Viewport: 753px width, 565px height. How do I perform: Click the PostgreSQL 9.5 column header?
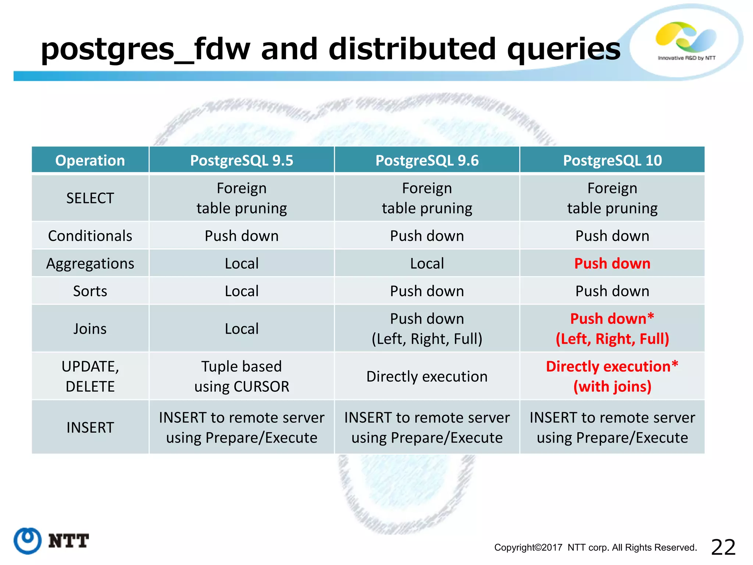(x=242, y=160)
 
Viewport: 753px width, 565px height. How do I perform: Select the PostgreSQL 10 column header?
(x=612, y=160)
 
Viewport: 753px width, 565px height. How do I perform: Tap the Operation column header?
(x=90, y=160)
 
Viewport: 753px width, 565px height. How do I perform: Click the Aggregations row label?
(x=90, y=263)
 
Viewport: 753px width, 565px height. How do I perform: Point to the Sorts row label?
(x=90, y=291)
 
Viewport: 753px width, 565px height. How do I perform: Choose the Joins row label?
(x=90, y=328)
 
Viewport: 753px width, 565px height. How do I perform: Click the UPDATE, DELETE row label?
(x=90, y=376)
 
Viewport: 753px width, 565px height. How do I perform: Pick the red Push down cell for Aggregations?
(x=612, y=263)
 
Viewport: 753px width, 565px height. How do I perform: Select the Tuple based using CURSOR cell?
(x=242, y=376)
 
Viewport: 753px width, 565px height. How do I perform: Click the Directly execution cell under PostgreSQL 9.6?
(x=427, y=376)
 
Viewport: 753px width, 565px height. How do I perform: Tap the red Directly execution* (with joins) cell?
(x=612, y=376)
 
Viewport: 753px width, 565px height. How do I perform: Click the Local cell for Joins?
(x=242, y=328)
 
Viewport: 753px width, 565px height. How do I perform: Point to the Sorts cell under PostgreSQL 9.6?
(x=427, y=291)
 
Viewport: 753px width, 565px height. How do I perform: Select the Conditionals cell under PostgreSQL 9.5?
(x=242, y=236)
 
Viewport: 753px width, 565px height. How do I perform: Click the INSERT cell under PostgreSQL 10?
(x=612, y=427)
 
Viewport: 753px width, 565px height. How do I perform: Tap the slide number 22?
(x=723, y=547)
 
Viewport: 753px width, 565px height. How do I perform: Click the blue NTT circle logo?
(x=28, y=541)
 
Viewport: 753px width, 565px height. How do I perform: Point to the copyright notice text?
(x=596, y=547)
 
